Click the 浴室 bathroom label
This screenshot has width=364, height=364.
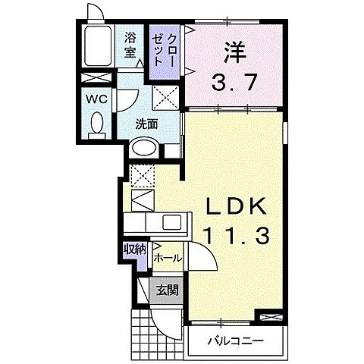(x=130, y=45)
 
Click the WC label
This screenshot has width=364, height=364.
(x=95, y=99)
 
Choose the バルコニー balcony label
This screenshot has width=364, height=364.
(x=236, y=340)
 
